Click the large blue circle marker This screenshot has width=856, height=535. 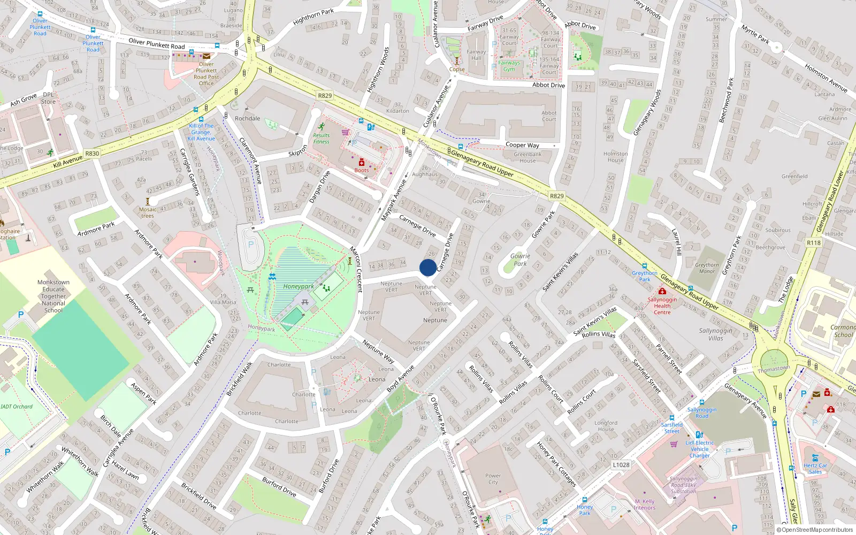(x=427, y=267)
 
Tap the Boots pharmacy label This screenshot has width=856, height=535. (x=362, y=170)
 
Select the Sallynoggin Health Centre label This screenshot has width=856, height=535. (x=662, y=306)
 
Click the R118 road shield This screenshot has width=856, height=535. (x=813, y=242)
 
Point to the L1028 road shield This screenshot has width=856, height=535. (x=621, y=465)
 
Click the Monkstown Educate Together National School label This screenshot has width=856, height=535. (x=53, y=296)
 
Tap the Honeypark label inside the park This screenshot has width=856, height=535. (x=299, y=286)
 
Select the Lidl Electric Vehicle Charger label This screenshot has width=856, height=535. (x=699, y=449)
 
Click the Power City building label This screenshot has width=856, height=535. (x=493, y=479)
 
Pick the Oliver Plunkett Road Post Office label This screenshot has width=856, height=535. (x=206, y=74)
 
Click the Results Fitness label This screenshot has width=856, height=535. (x=322, y=139)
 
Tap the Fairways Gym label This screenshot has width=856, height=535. (x=509, y=66)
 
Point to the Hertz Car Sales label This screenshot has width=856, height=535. (x=815, y=468)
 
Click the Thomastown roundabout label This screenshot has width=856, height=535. (x=774, y=369)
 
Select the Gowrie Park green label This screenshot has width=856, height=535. (x=520, y=259)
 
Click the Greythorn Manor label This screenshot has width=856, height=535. (x=707, y=268)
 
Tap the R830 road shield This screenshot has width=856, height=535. (x=92, y=153)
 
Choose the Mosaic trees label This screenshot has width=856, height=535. (x=148, y=213)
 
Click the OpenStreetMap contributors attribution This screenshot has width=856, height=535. (x=814, y=530)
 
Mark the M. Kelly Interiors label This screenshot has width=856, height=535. (x=645, y=505)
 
